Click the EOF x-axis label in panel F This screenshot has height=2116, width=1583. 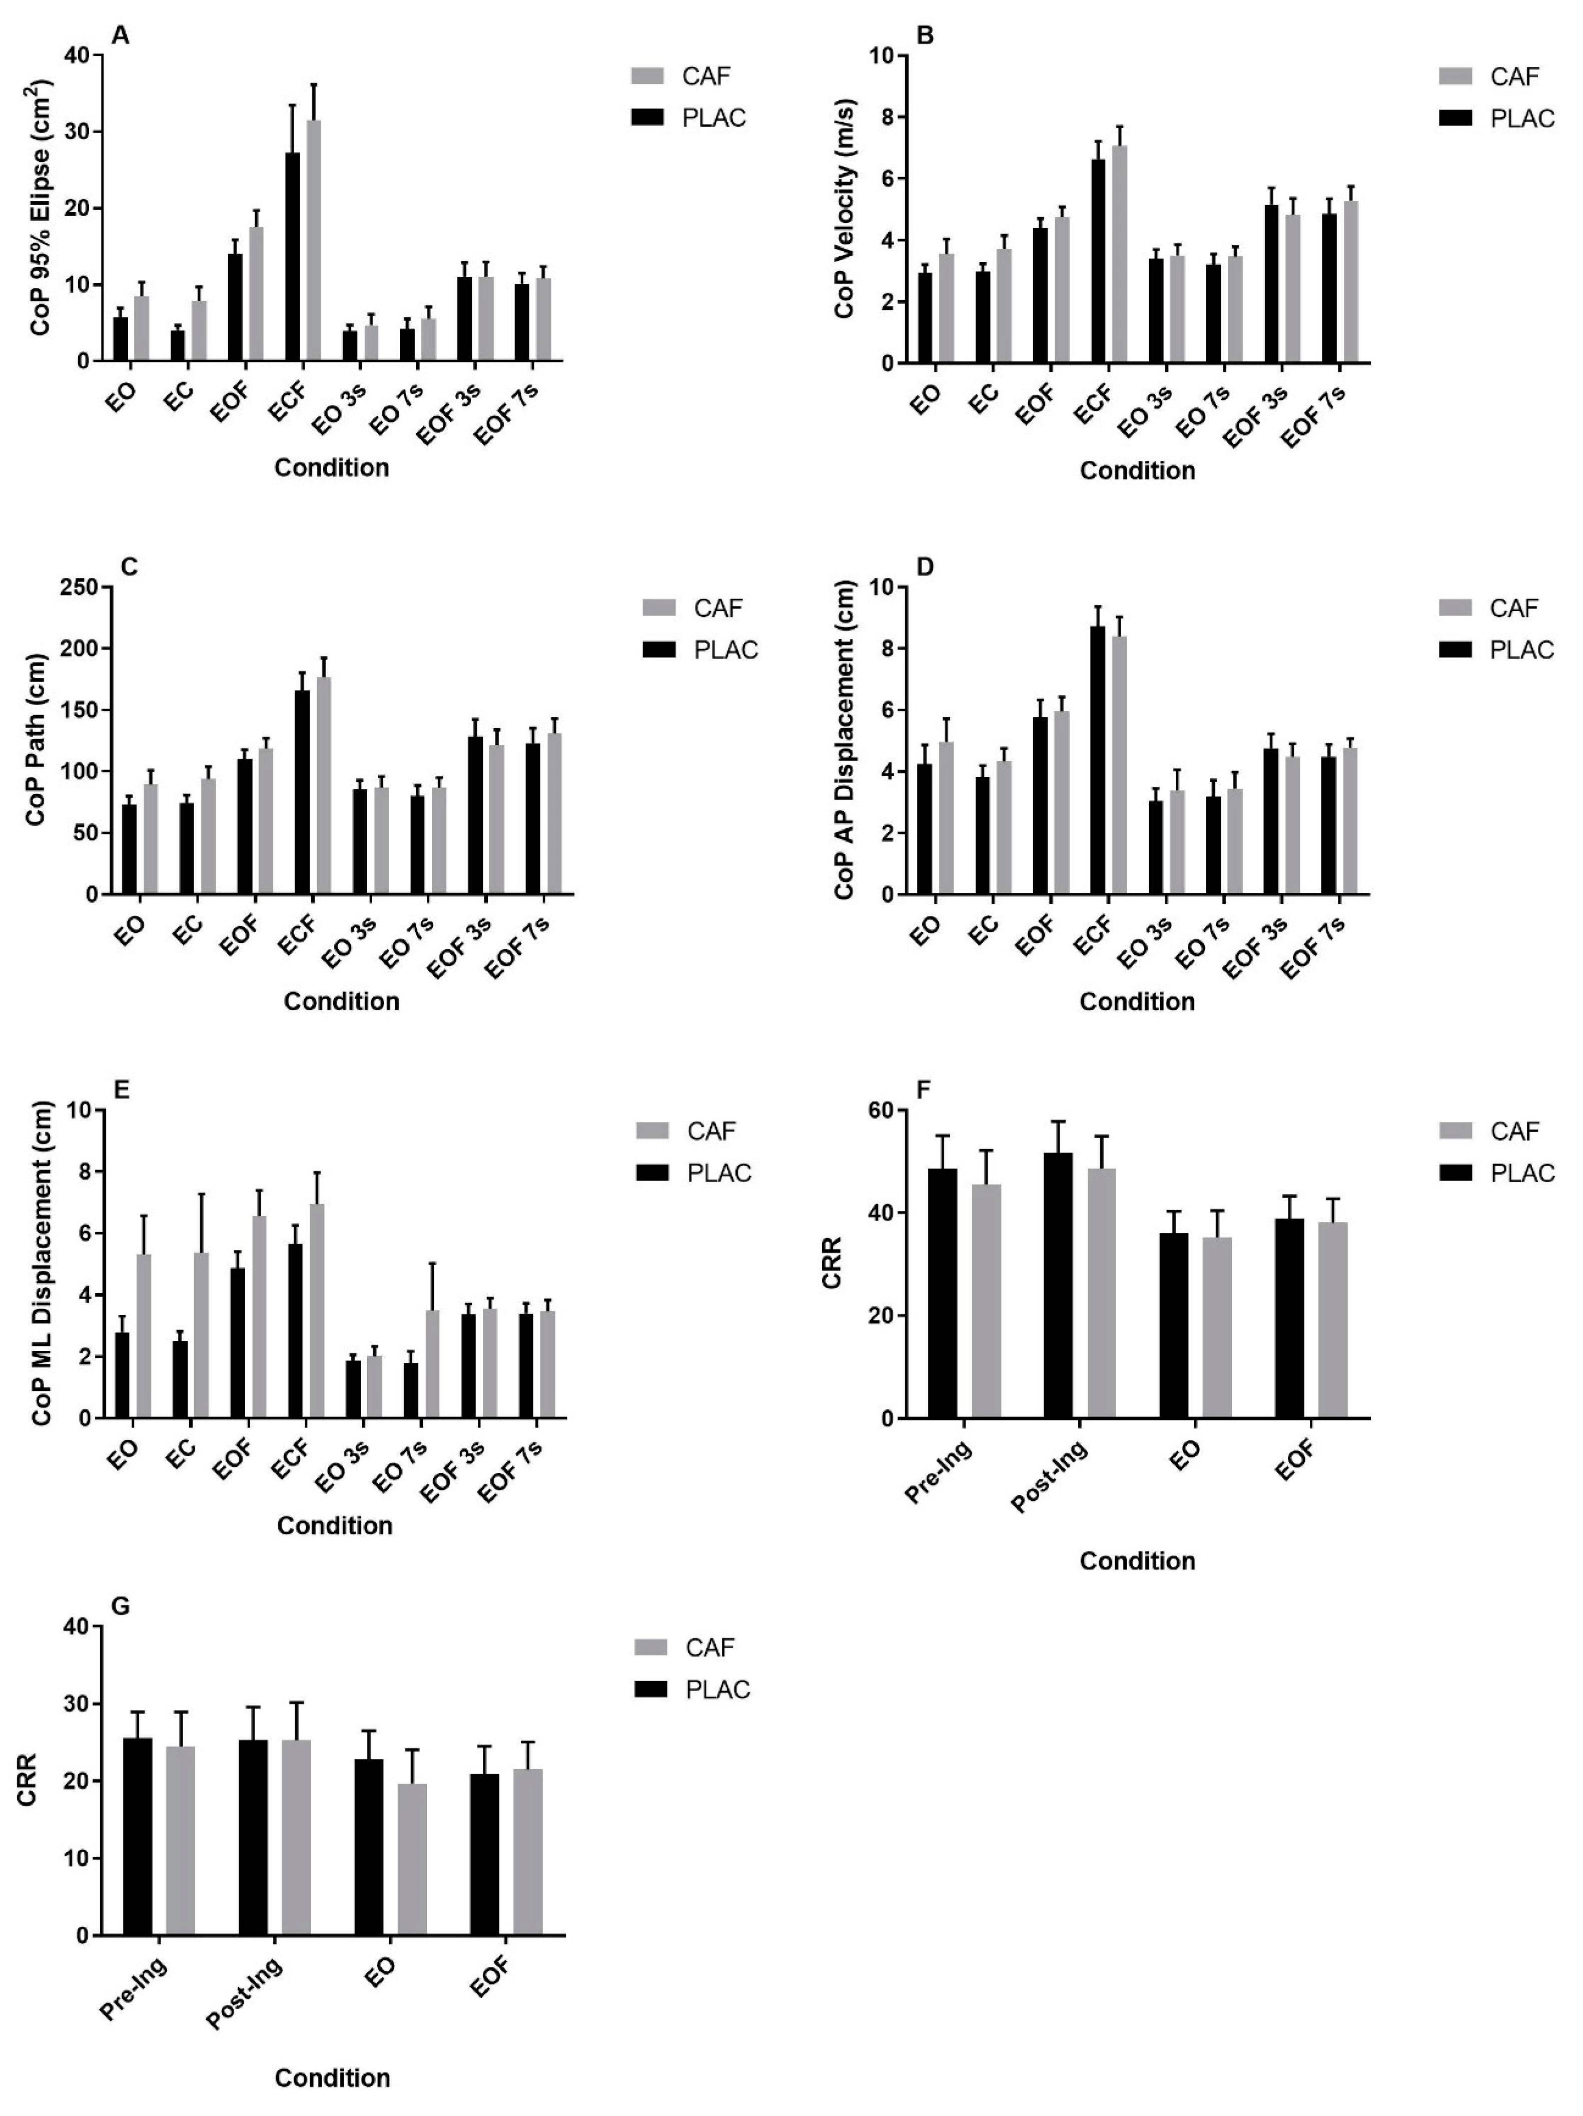tap(1296, 1461)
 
